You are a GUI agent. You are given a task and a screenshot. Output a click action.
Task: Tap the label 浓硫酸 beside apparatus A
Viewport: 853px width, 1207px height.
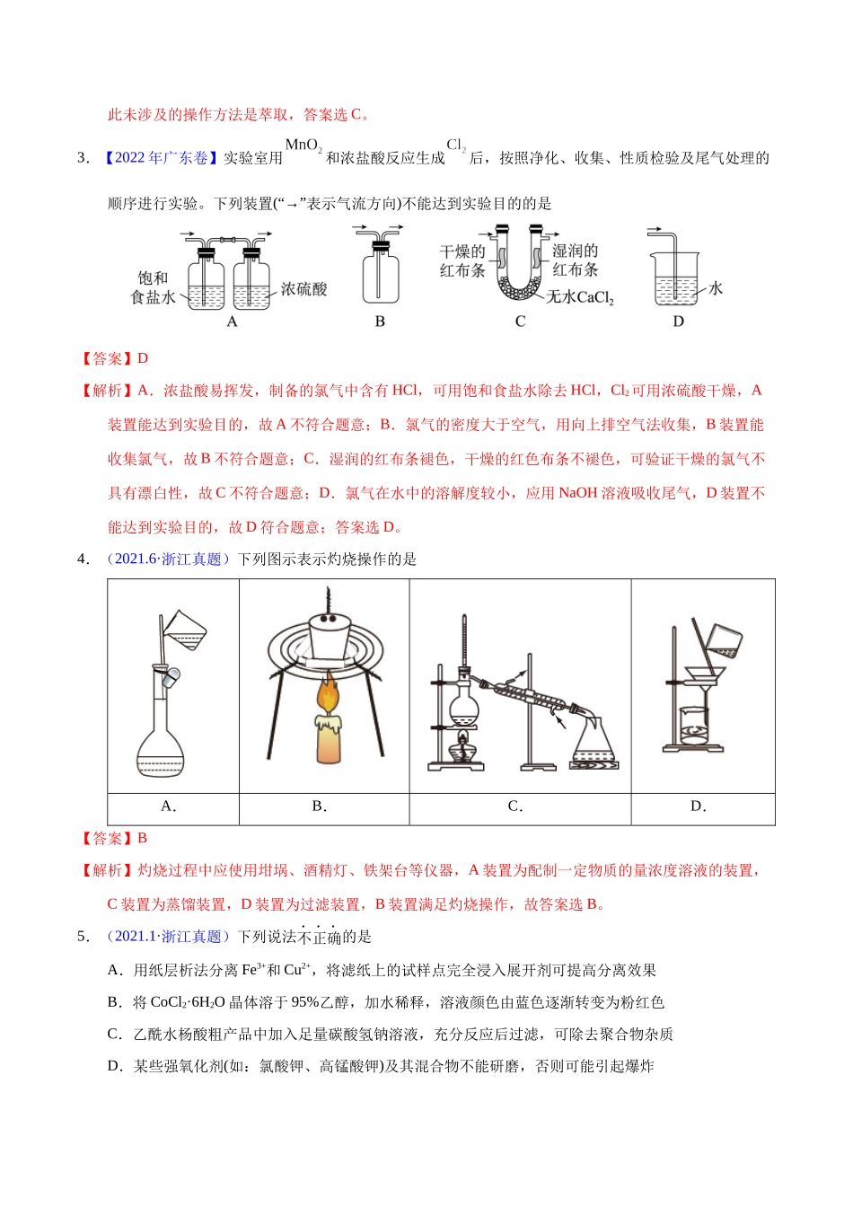pos(303,289)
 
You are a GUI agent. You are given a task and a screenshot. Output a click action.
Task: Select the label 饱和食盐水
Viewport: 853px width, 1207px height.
pos(153,287)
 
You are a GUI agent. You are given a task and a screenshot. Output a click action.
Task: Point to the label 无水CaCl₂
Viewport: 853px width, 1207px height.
pos(580,297)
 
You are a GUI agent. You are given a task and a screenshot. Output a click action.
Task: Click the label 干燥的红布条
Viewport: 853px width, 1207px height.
pos(462,260)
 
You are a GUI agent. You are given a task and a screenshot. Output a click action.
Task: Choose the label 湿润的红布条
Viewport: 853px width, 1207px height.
pos(575,260)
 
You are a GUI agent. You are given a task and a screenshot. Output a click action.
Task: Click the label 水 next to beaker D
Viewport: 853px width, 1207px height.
pos(716,288)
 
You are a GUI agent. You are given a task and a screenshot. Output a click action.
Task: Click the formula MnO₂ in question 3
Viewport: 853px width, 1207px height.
pos(303,145)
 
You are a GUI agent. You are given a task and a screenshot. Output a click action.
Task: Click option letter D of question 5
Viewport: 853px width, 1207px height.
pos(114,1066)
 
